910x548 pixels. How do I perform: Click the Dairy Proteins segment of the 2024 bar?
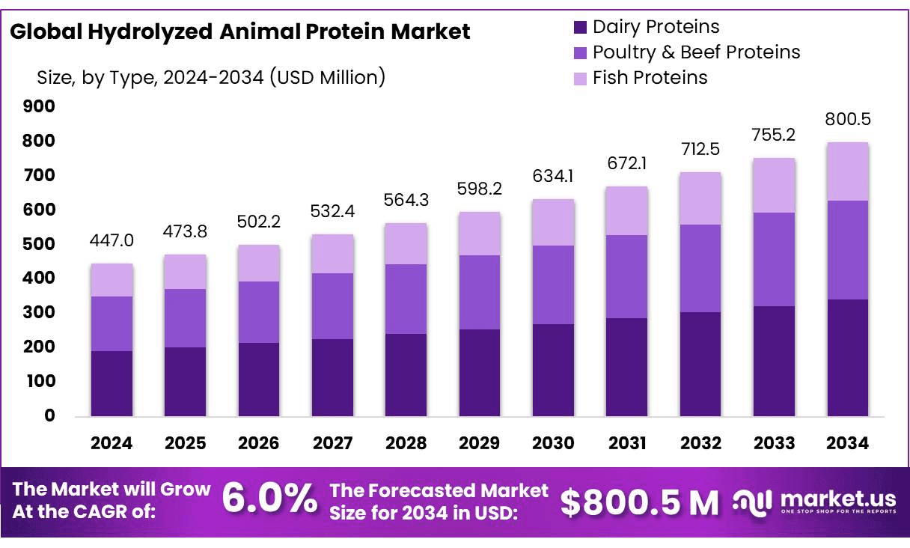point(112,383)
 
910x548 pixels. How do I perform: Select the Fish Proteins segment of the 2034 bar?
point(848,171)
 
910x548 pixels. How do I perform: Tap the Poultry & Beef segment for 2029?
point(480,292)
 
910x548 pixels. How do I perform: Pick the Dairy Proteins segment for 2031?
point(627,367)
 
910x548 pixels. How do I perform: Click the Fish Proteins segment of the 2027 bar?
point(332,254)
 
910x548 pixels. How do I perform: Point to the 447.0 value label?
point(112,240)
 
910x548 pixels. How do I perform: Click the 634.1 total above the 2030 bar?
point(553,178)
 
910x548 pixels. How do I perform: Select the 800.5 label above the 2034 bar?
point(848,120)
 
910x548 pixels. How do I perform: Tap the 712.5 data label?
point(700,149)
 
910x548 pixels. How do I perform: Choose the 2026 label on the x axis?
point(259,443)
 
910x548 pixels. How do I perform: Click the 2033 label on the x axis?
point(774,443)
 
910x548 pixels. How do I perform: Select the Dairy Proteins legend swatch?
point(581,28)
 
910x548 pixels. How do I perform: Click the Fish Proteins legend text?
point(650,77)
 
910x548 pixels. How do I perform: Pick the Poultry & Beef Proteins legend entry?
point(696,52)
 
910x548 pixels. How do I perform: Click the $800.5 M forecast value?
point(639,502)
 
